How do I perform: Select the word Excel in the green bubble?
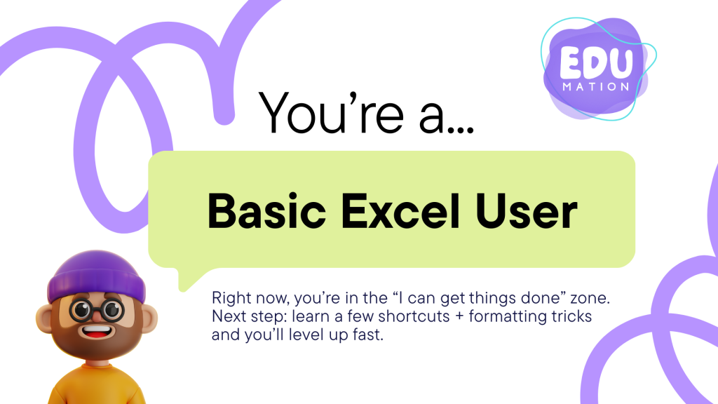(x=400, y=211)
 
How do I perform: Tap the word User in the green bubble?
(x=526, y=211)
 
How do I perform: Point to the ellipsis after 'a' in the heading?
(x=461, y=130)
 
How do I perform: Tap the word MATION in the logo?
(x=596, y=86)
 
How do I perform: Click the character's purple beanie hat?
(x=96, y=275)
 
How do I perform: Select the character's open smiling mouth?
(x=96, y=331)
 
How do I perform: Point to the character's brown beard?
(x=96, y=342)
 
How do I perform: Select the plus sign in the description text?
(x=459, y=316)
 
